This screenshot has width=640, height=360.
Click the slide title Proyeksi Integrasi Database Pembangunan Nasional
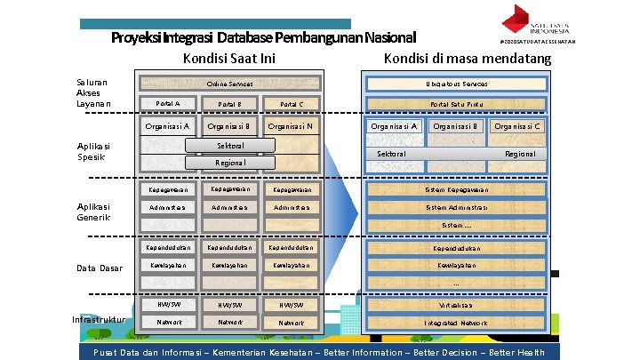click(x=263, y=38)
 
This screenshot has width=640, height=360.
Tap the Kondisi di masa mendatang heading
click(x=468, y=60)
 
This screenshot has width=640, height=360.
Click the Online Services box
click(x=229, y=84)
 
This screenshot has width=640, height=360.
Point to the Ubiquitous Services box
click(x=457, y=84)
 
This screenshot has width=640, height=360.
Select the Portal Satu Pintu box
click(x=457, y=104)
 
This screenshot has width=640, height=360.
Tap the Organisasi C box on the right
click(x=517, y=126)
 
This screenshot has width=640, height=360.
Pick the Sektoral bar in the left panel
click(x=230, y=145)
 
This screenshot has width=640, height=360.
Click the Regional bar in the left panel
click(x=230, y=163)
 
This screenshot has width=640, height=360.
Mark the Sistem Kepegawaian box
click(x=457, y=189)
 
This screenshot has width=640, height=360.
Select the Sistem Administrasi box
click(x=457, y=207)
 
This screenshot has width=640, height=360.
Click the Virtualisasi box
click(x=457, y=304)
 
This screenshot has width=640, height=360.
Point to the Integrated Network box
click(x=457, y=323)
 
